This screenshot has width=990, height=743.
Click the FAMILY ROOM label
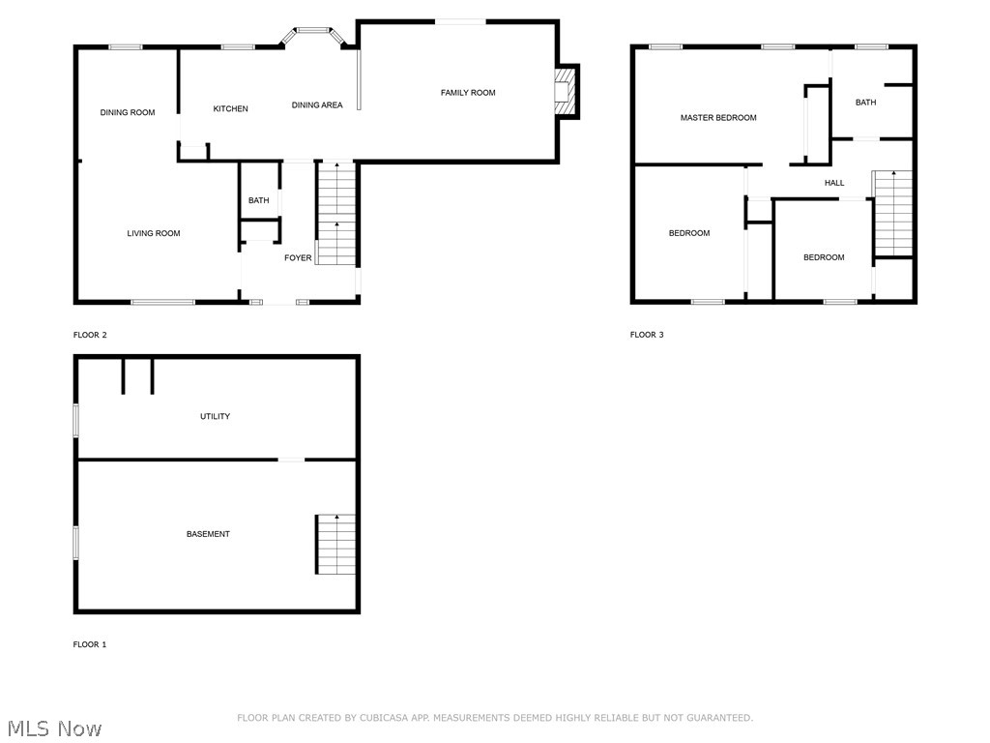point(468,93)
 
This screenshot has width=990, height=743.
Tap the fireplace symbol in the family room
point(567,91)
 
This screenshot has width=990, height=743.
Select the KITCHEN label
point(230,108)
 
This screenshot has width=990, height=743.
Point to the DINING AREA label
point(317,105)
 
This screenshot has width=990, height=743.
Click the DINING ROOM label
point(128,113)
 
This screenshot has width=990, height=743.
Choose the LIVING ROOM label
point(154,233)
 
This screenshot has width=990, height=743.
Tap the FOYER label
point(298,258)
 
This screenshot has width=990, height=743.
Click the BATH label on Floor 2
point(258,201)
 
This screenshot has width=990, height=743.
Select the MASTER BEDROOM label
point(718,118)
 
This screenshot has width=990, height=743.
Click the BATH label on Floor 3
point(865,103)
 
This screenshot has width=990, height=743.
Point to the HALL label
point(834,183)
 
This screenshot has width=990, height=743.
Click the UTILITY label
point(215,417)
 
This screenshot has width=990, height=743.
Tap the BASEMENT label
point(208,534)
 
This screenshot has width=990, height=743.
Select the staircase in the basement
point(335,545)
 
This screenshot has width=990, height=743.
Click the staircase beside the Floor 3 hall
point(893,213)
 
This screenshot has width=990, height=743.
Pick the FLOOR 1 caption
point(90,644)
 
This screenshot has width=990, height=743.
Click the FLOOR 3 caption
point(647,335)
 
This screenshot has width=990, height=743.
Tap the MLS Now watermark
point(53,728)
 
